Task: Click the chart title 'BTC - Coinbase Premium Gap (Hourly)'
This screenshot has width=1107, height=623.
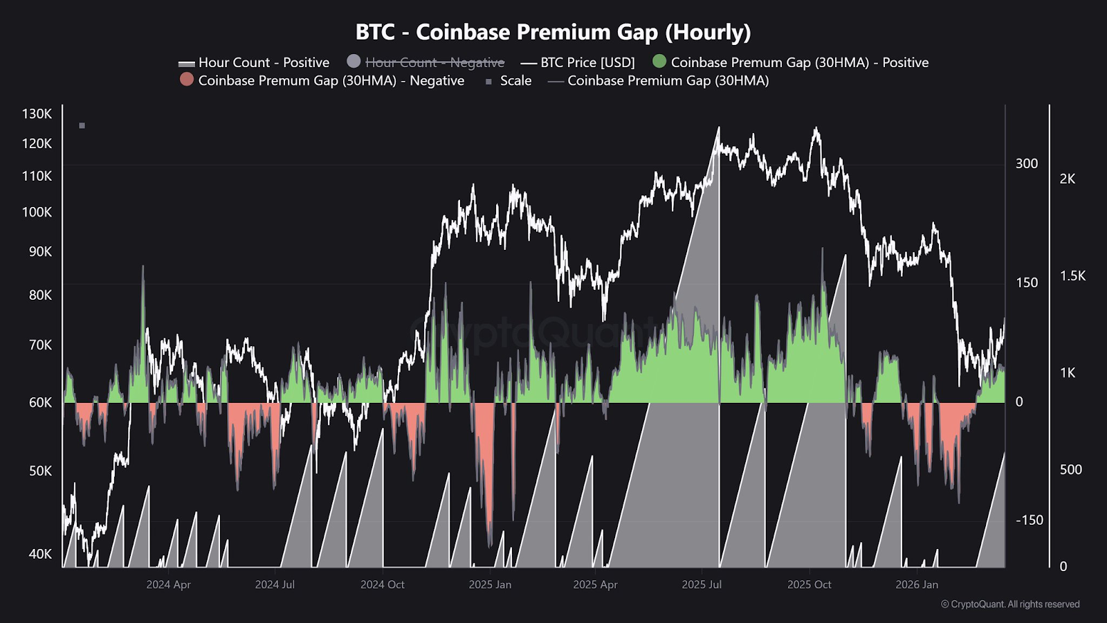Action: coord(553,32)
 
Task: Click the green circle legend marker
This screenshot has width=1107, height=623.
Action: coord(659,62)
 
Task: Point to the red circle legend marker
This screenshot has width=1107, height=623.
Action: coord(187,80)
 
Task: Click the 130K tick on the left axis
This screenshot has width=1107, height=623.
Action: coord(37,114)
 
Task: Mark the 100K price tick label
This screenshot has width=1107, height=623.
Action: coord(37,213)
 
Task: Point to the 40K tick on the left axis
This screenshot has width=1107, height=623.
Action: coord(40,554)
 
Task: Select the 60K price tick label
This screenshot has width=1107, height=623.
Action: coord(40,402)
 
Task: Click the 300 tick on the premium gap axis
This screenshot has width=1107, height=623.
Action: coord(1027,164)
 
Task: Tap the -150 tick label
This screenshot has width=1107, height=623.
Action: coord(1029,521)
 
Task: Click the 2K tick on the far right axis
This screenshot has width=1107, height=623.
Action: coord(1068,179)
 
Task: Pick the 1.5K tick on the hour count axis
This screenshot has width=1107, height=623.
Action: coord(1072,276)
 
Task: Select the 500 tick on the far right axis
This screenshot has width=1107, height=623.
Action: coord(1070,470)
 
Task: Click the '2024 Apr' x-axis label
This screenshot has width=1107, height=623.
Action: coord(168,585)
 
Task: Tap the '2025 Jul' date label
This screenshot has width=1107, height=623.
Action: coord(702,585)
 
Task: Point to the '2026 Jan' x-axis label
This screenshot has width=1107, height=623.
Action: coord(917,585)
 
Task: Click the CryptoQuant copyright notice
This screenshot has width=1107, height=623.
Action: coord(1010,604)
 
